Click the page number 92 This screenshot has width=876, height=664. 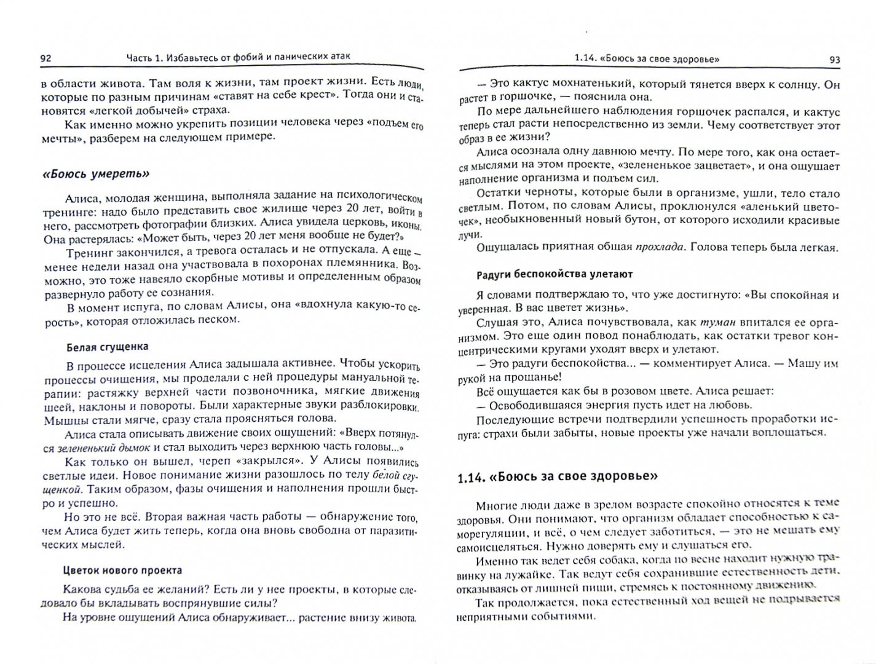(45, 58)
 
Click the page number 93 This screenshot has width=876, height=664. (834, 60)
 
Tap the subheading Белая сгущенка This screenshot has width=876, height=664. (108, 347)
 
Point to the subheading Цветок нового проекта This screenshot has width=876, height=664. (123, 571)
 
